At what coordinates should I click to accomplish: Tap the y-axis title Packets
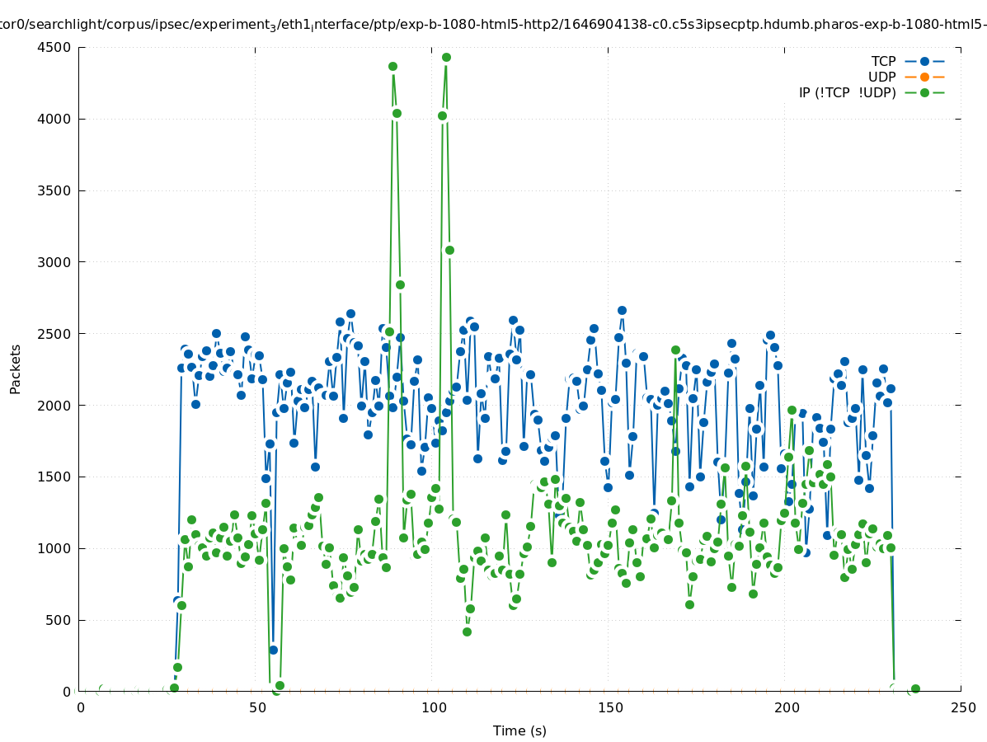coord(16,369)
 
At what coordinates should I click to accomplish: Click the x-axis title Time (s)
coord(519,730)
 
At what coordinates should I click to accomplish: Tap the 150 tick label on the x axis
coord(610,707)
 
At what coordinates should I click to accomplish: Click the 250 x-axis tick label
coord(962,707)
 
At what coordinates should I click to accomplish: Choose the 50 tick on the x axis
coord(257,707)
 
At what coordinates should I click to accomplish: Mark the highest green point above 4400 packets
coord(446,57)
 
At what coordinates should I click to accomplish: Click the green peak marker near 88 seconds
coord(392,66)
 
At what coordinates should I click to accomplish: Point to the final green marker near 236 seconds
coord(915,688)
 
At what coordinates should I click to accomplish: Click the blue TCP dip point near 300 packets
coord(273,650)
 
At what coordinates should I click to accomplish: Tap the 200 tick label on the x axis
coord(787,707)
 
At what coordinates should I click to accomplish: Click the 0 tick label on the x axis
coord(81,707)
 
